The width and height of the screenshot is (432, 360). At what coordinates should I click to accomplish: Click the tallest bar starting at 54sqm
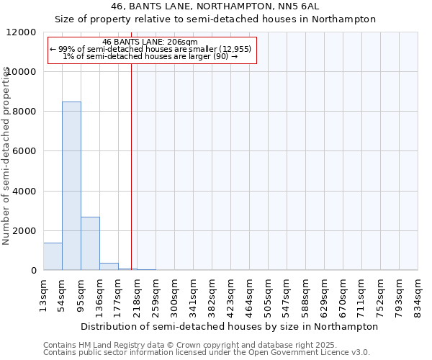point(71,186)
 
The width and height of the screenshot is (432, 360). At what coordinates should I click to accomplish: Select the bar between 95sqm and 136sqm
point(90,243)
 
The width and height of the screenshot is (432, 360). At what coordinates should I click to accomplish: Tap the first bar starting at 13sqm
point(53,256)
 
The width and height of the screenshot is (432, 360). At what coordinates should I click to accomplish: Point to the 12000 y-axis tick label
point(23,32)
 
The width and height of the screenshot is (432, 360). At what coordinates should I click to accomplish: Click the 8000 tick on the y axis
point(26,112)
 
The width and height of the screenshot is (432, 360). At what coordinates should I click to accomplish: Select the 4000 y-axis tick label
point(26,192)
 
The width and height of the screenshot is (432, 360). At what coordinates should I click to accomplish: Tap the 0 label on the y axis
point(34,271)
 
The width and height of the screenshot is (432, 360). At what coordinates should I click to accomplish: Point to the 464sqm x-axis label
point(249,293)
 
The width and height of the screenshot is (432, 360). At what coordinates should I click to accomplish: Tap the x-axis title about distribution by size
point(230,326)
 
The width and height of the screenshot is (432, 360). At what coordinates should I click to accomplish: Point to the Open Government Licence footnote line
point(207,352)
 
